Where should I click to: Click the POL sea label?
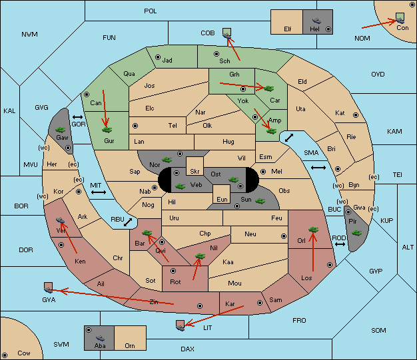[151, 11]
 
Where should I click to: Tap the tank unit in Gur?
[107, 130]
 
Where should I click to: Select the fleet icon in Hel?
[316, 21]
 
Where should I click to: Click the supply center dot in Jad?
[158, 57]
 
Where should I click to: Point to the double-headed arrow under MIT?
[99, 192]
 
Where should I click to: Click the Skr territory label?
[195, 172]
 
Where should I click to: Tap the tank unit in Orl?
[313, 230]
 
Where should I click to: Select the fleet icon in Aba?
[100, 337]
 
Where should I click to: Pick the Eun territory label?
[222, 199]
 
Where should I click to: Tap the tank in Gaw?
[61, 130]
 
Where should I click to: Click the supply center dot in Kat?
[356, 115]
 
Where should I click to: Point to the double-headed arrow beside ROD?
[340, 244]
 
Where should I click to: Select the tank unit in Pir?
[356, 233]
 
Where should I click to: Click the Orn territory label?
[130, 345]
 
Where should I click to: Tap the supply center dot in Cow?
[5, 355]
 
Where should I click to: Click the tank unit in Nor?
[167, 160]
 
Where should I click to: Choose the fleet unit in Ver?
[61, 220]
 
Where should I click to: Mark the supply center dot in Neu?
[284, 236]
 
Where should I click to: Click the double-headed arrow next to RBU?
[128, 222]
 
